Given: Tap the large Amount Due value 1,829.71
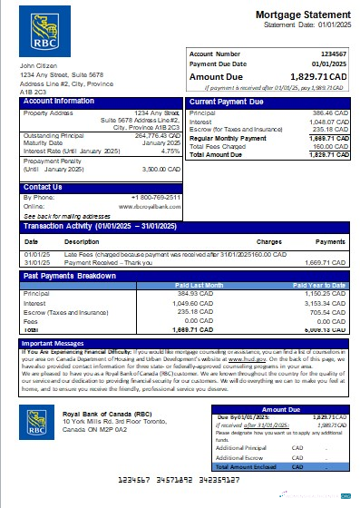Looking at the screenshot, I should [313, 79].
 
